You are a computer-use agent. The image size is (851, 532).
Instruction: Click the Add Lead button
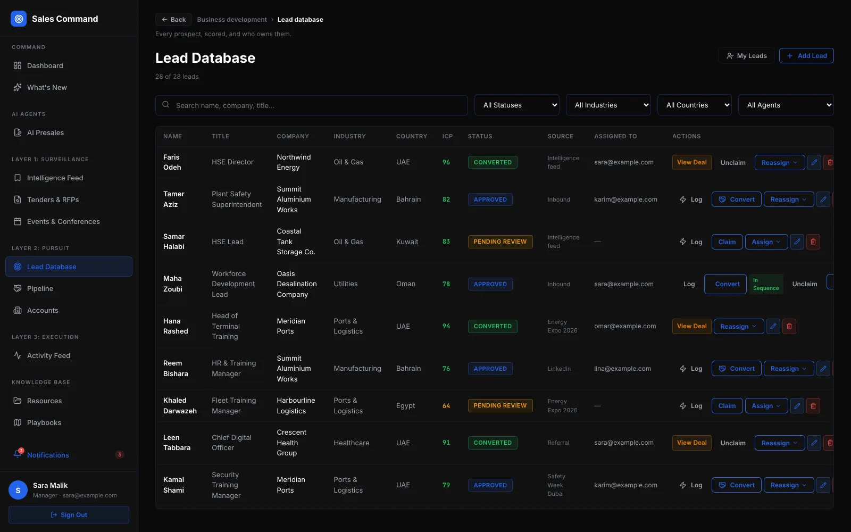tap(806, 56)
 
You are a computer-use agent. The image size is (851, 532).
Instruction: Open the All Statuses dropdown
tap(516, 105)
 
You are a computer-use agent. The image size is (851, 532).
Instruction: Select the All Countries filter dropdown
tap(694, 105)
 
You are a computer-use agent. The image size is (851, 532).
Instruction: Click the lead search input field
tap(312, 105)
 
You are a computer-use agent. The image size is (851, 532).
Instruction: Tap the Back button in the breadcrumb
tap(173, 19)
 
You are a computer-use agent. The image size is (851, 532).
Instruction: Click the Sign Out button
tap(69, 514)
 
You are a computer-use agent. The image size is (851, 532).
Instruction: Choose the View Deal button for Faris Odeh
tap(691, 162)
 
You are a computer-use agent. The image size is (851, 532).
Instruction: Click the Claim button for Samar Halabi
tap(727, 242)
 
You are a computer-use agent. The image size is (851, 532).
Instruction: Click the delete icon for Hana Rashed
tap(789, 326)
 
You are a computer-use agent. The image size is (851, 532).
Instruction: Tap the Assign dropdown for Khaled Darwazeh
tap(766, 405)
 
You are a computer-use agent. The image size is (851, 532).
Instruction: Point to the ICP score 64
tap(446, 405)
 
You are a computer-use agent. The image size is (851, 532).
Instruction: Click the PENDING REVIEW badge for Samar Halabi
tap(500, 242)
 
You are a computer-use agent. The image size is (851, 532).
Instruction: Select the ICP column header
tap(447, 136)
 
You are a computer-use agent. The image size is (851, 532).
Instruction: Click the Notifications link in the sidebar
tap(48, 455)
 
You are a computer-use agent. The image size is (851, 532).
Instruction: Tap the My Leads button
tap(746, 56)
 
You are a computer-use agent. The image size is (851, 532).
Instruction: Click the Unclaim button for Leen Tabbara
tap(733, 443)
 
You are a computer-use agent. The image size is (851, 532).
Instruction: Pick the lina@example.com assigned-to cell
tap(622, 368)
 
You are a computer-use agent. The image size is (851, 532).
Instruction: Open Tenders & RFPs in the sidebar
tap(53, 199)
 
